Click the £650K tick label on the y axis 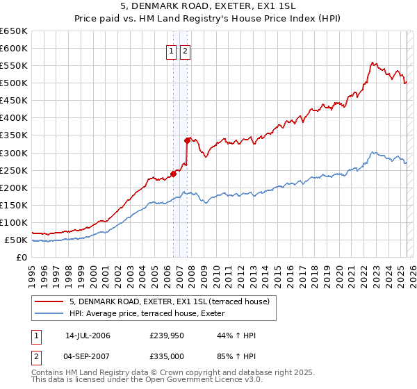(14, 31)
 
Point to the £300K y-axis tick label (14, 153)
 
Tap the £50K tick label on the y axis (17, 240)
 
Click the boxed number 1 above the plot (171, 51)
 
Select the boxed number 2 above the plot (185, 51)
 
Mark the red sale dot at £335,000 (187, 140)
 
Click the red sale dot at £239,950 (173, 174)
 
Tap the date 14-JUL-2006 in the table (88, 336)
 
